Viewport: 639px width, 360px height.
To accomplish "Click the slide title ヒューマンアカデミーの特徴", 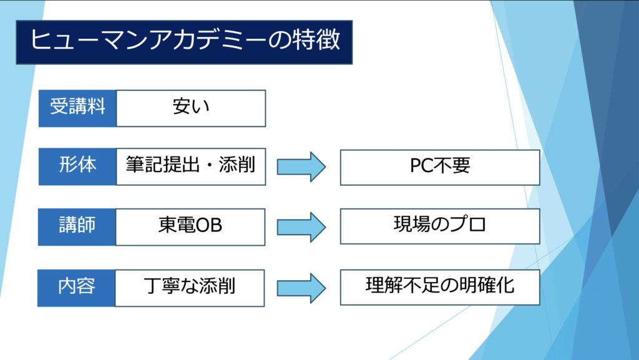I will pos(184,41).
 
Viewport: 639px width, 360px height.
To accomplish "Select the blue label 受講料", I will pos(77,108).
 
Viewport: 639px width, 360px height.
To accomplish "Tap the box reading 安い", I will pos(191,108).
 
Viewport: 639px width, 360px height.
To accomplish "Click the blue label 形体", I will pos(77,167).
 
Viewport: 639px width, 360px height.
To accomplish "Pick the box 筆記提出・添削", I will pos(191,167).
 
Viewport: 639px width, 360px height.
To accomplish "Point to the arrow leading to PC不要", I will pos(301,167).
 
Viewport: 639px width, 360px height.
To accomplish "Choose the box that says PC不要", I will pos(440,167).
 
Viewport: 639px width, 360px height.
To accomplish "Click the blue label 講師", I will pos(77,226).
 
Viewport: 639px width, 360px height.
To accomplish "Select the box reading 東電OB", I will pos(191,226).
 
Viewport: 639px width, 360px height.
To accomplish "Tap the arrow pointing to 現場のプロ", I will pos(301,226).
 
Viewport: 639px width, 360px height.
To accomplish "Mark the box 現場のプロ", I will pos(440,226).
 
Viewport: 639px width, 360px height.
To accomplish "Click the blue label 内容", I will pos(77,287).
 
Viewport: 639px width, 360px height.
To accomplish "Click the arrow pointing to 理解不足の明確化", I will pos(301,287).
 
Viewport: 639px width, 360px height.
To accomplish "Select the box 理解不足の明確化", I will pos(440,287).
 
